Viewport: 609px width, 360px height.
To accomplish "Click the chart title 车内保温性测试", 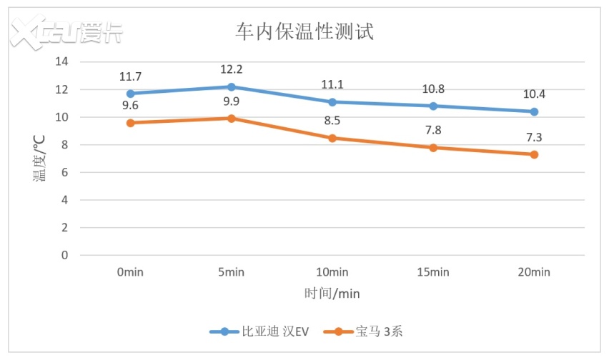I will coord(304,32).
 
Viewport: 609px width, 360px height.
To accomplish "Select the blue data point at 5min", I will coord(232,86).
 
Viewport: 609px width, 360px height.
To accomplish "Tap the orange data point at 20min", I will coord(534,154).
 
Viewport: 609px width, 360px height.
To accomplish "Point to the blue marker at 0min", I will coord(131,94).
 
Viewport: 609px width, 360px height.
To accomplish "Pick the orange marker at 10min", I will coord(332,138).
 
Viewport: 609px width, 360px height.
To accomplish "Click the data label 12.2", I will coord(232,69).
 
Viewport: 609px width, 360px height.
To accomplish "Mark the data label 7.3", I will coord(534,136).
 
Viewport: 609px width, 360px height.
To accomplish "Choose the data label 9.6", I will coord(131,105).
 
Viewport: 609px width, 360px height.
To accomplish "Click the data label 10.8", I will coord(433,89).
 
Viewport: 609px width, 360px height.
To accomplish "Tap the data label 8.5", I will coord(332,120).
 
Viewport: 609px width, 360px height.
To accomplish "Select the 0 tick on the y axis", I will coord(64,255).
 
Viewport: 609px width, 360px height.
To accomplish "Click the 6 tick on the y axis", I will coord(64,172).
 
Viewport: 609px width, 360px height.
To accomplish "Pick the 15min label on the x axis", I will coord(433,272).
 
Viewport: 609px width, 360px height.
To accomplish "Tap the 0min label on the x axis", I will coord(131,272).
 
